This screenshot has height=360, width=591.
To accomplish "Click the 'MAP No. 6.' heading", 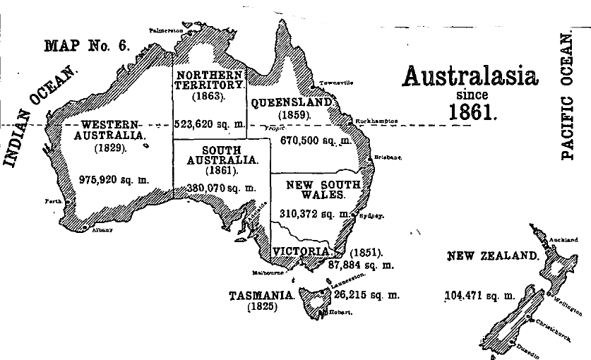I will click(x=87, y=47).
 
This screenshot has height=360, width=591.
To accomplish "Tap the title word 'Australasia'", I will click(x=470, y=77).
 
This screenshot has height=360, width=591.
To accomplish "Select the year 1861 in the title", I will click(x=472, y=110).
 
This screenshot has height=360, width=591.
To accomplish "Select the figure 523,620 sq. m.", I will click(x=210, y=123).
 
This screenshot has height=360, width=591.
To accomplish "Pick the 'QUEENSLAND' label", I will click(x=291, y=102).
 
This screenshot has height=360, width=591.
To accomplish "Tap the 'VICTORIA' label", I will click(x=301, y=251).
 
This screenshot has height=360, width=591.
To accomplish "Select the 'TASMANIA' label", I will click(x=261, y=296).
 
